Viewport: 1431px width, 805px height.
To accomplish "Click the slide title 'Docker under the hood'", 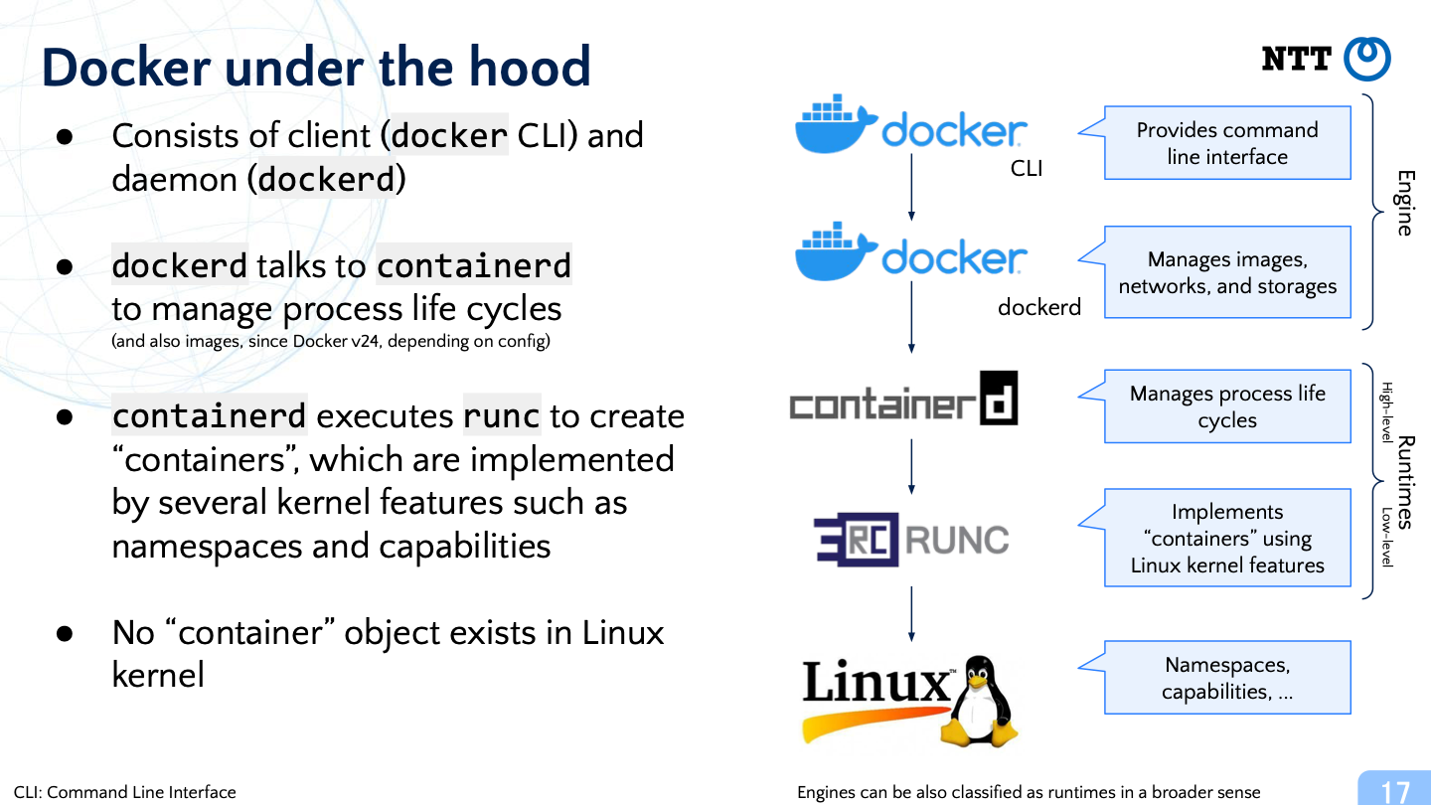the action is click(x=316, y=67).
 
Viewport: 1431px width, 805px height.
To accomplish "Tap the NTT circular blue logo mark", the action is click(x=1367, y=59).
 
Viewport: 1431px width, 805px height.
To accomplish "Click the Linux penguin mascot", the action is click(x=980, y=701).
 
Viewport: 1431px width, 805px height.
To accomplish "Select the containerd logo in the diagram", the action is click(x=904, y=399).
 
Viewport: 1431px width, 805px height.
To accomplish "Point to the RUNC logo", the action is click(x=911, y=540).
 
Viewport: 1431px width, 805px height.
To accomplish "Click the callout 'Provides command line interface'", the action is click(x=1226, y=143).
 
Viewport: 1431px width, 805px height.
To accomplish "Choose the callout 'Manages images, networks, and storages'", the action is click(x=1226, y=272).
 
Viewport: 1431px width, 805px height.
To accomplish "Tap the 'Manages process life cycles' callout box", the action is click(x=1226, y=406).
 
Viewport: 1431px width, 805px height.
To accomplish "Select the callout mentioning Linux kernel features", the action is click(x=1226, y=538).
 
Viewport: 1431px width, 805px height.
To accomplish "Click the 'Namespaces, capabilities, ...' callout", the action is click(x=1226, y=677).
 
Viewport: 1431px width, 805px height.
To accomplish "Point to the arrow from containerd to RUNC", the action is click(x=911, y=466).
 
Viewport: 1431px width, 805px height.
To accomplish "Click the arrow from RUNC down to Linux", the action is click(x=911, y=614).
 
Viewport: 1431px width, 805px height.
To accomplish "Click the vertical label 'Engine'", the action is click(x=1405, y=203).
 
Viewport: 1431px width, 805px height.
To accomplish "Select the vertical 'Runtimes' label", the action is click(x=1405, y=482).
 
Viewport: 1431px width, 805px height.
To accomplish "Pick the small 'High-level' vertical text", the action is click(x=1387, y=412).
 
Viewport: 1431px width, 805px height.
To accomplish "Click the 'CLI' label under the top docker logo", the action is click(x=1027, y=168).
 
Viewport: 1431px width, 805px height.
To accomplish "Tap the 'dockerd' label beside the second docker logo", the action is click(x=1039, y=307).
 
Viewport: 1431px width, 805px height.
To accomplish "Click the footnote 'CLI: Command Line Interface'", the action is click(x=124, y=792).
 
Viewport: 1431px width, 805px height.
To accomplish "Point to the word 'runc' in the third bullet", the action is click(x=502, y=415).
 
